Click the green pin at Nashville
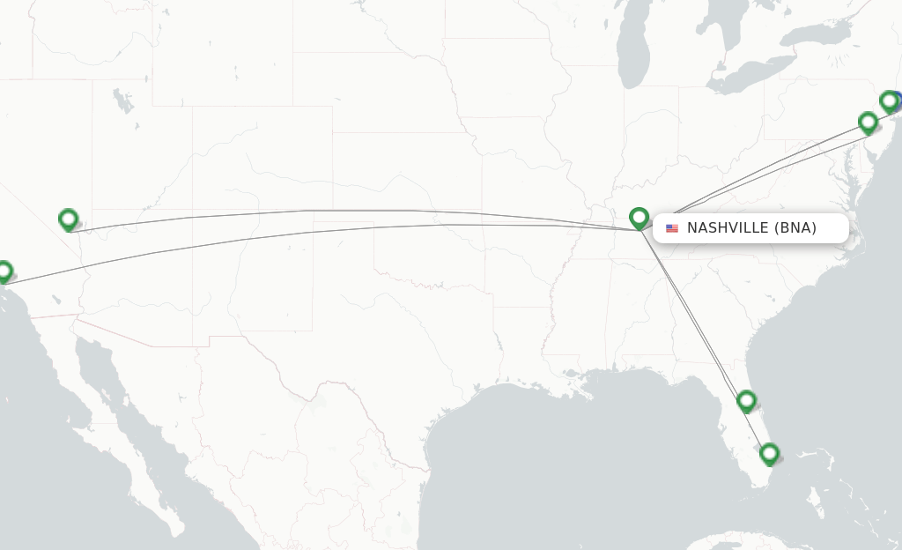point(639,217)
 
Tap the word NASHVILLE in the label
point(727,228)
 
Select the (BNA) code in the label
point(795,228)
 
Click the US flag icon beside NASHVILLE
point(672,228)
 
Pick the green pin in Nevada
point(68,219)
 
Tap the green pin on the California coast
point(4,271)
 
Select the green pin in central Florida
point(746,401)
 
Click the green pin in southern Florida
point(769,454)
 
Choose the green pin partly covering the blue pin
point(888,101)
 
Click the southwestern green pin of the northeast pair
point(868,122)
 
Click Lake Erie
point(749,74)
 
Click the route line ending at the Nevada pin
point(352,211)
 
